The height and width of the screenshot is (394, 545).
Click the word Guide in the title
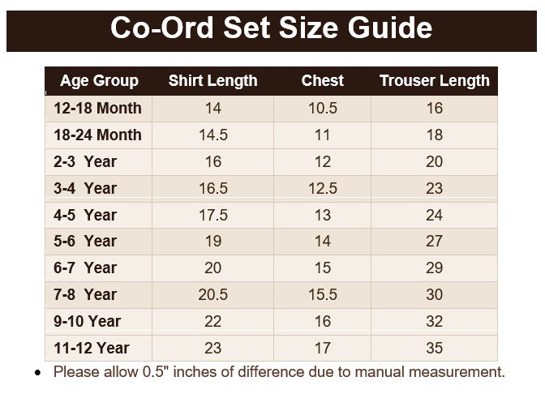coord(390,28)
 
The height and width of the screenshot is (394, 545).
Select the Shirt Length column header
coord(212,81)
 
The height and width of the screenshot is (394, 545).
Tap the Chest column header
coord(323,80)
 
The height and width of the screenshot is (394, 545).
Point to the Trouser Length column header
coord(435,81)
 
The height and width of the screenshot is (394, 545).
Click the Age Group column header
coord(99,81)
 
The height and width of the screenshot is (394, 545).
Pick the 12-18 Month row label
coord(97,108)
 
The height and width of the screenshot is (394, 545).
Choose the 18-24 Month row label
coord(97,135)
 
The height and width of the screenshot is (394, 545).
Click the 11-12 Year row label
coord(92,348)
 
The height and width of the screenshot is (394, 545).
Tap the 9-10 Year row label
coord(88,321)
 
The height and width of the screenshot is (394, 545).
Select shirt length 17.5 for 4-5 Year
coord(213,215)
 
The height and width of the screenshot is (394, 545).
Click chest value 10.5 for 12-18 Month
coord(323,108)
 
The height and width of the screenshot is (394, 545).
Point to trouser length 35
coord(435,348)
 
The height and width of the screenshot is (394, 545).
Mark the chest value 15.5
coord(323,294)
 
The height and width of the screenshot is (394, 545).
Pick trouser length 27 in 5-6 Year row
coord(435,241)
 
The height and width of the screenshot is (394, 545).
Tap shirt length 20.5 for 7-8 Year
coord(212,294)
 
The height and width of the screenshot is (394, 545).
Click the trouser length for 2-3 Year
coord(435,161)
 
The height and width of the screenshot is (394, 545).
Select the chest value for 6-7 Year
coord(323,268)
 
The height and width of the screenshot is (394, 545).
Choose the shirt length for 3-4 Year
coord(213,188)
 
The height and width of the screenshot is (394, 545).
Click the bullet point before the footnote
coord(37,373)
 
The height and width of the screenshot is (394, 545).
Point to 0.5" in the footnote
coord(153,372)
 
